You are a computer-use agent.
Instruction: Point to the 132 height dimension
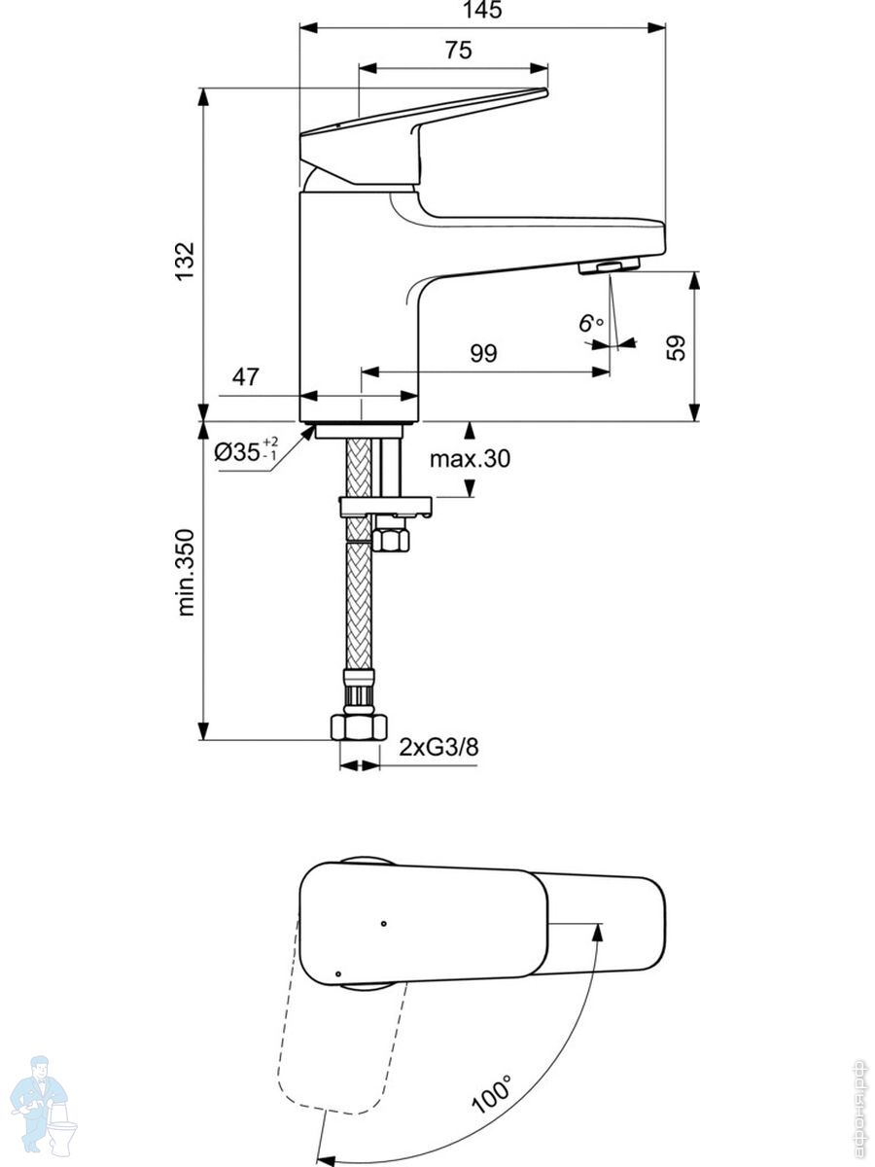(185, 261)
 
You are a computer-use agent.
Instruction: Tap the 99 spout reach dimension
(482, 353)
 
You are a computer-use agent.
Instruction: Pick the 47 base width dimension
(246, 377)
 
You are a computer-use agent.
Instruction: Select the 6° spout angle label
(590, 324)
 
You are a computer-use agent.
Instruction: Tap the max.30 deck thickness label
(470, 460)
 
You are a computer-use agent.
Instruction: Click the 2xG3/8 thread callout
(439, 747)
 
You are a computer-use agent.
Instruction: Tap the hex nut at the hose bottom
(358, 726)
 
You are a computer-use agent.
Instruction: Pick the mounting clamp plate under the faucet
(384, 506)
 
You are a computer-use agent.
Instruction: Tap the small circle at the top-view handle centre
(385, 922)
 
